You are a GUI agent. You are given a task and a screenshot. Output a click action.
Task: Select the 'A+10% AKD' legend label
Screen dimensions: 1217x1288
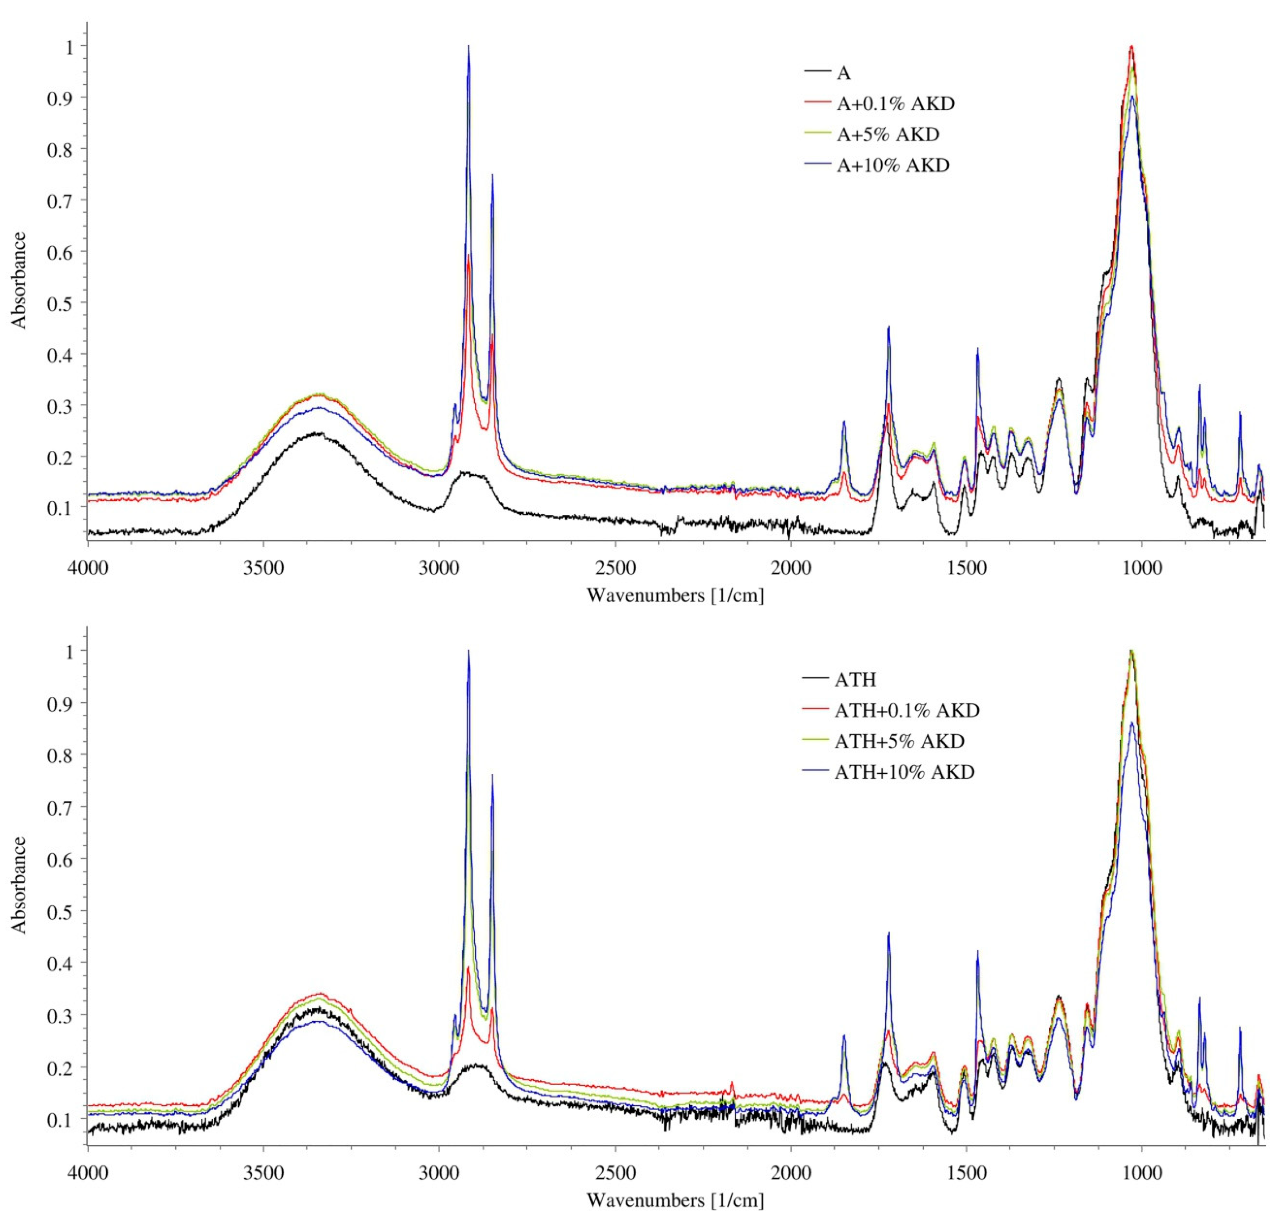893,165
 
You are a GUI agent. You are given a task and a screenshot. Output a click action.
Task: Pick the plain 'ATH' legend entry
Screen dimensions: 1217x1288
856,679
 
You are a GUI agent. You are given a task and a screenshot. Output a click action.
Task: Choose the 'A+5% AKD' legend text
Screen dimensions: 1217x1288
887,135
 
